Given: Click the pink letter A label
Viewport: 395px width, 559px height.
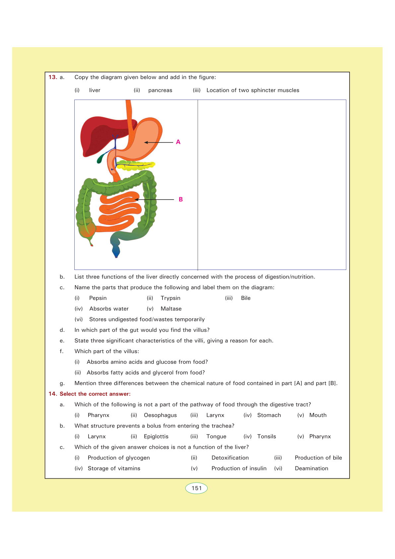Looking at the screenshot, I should click(x=178, y=142).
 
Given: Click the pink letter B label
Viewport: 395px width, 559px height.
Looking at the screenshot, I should click(x=181, y=200).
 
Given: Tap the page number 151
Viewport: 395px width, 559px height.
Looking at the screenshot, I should click(x=196, y=488).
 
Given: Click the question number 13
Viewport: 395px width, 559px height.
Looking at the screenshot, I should click(x=53, y=77).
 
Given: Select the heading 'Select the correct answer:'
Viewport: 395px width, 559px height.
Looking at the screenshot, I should click(x=95, y=394).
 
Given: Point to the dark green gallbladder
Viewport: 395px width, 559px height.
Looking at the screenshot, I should click(x=100, y=159).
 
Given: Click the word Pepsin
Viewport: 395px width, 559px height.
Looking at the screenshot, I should click(x=98, y=298).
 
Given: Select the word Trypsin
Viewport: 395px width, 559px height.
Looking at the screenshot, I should click(x=170, y=298).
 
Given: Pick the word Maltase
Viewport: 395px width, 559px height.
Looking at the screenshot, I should click(x=171, y=309).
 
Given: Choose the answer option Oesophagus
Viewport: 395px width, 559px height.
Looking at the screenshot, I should click(x=160, y=415).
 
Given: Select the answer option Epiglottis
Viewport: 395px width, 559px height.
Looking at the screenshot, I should click(x=156, y=437).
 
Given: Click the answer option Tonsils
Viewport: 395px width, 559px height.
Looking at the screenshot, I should click(x=267, y=437).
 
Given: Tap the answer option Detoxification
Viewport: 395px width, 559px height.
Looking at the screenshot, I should click(x=230, y=458).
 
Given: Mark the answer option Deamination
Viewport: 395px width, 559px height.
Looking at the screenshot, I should click(x=311, y=468).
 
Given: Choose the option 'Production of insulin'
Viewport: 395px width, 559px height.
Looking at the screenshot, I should click(x=239, y=468).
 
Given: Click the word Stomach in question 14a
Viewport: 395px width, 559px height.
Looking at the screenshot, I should click(x=269, y=415).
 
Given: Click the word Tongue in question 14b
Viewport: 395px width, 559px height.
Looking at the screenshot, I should click(x=216, y=437).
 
